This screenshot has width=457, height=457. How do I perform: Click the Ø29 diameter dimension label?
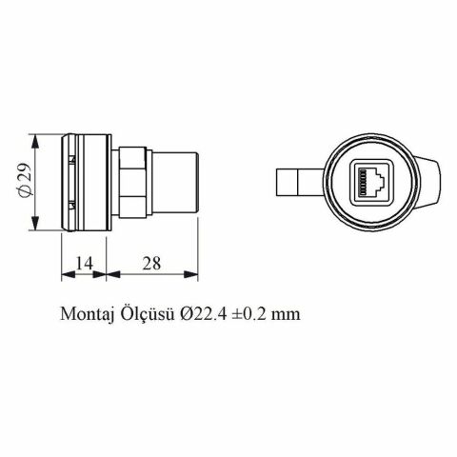pyautogui.click(x=26, y=182)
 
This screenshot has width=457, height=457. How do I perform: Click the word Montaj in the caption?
pyautogui.click(x=86, y=313)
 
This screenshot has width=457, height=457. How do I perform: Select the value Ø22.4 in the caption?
pyautogui.click(x=197, y=313)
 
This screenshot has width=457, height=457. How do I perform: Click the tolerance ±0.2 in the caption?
pyautogui.click(x=245, y=313)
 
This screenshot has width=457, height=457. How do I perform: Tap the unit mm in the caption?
pyautogui.click(x=283, y=313)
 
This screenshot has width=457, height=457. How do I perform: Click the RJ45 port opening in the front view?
pyautogui.click(x=368, y=181)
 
